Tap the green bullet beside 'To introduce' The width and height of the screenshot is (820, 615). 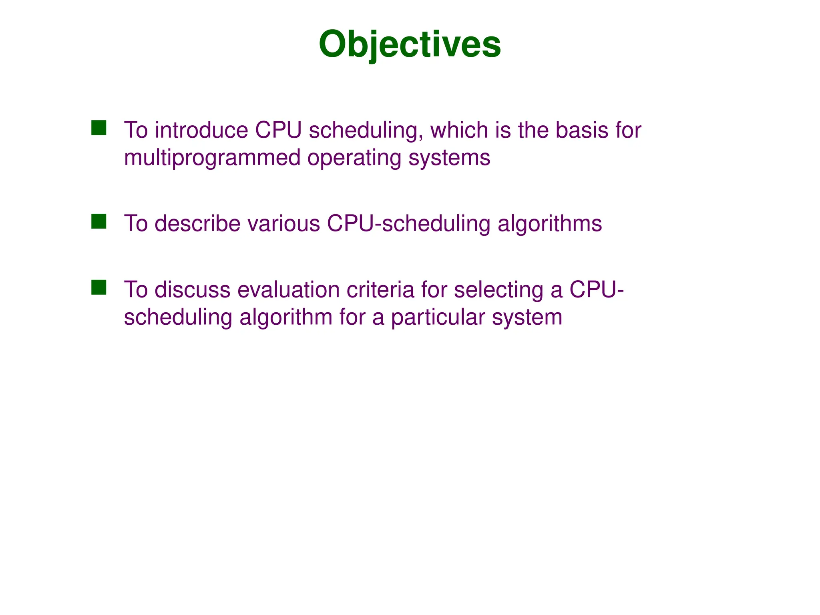click(x=98, y=128)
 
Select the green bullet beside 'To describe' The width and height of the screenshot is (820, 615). click(x=98, y=221)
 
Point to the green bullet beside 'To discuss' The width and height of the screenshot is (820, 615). click(x=98, y=287)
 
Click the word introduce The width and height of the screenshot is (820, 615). click(x=201, y=131)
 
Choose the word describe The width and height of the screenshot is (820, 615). click(x=197, y=224)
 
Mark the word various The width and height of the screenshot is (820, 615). click(x=283, y=224)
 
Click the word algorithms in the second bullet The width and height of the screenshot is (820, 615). click(x=549, y=224)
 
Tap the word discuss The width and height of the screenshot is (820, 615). click(x=192, y=290)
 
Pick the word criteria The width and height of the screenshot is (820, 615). click(x=380, y=290)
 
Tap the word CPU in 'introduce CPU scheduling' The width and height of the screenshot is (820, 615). click(x=278, y=131)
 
